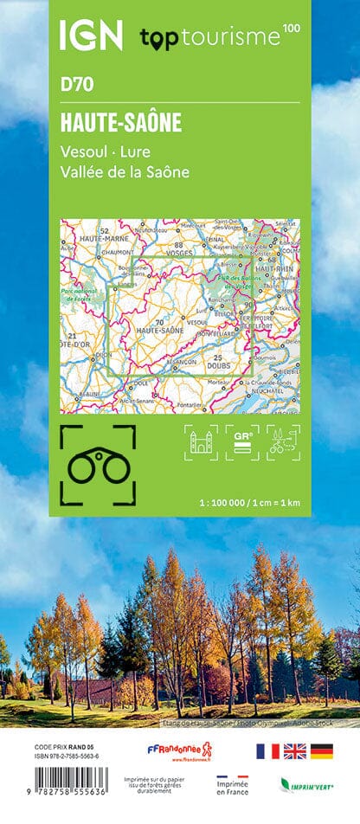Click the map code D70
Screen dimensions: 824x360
(77, 85)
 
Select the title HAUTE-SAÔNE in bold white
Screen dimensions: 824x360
(120, 123)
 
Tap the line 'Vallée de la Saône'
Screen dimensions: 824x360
(125, 171)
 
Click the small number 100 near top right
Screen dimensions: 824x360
(292, 29)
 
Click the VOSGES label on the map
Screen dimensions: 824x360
(179, 254)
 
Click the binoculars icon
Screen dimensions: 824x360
(98, 466)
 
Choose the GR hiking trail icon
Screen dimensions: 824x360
(242, 442)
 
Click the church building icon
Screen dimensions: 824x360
(201, 442)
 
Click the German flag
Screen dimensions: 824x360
(322, 751)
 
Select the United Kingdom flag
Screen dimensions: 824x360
(295, 751)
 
